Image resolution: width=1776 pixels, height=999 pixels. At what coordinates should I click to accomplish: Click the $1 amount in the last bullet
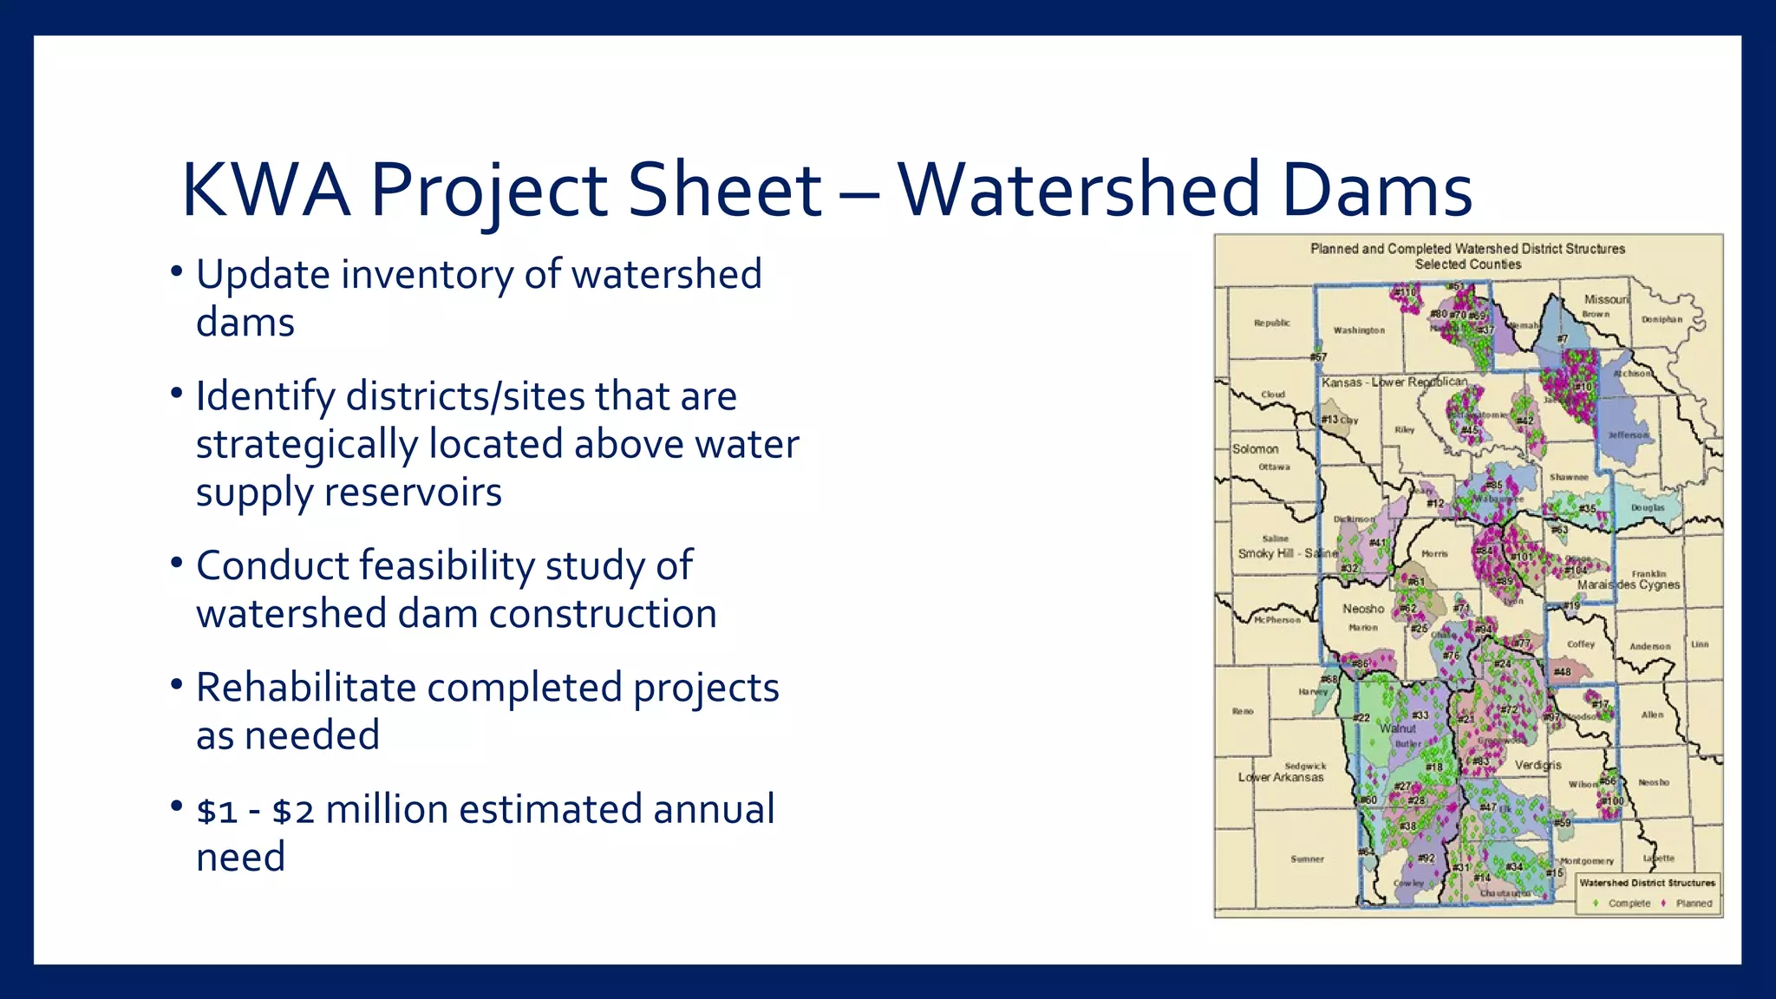(217, 811)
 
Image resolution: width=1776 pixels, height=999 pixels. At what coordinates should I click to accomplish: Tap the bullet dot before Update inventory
(177, 272)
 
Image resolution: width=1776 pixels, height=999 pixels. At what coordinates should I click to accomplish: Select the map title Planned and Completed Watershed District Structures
(1467, 249)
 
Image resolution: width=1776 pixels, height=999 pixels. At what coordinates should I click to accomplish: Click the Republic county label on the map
(1271, 323)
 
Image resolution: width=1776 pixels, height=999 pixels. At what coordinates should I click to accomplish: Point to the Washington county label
(1359, 330)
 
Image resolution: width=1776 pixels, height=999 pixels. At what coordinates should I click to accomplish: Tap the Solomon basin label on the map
(1255, 449)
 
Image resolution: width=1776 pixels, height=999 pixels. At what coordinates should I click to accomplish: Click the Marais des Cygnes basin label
(1628, 585)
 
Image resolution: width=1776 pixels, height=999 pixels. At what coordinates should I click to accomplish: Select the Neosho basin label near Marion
(1363, 609)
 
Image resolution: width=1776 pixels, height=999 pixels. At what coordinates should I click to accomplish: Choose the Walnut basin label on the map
(1397, 728)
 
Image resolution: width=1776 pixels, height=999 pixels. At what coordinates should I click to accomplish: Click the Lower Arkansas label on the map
(1281, 778)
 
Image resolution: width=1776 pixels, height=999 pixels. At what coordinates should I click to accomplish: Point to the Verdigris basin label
(1538, 765)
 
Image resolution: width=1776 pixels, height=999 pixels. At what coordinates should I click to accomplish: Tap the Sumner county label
(1307, 859)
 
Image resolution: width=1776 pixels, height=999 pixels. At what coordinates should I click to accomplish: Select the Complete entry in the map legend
(1628, 904)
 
